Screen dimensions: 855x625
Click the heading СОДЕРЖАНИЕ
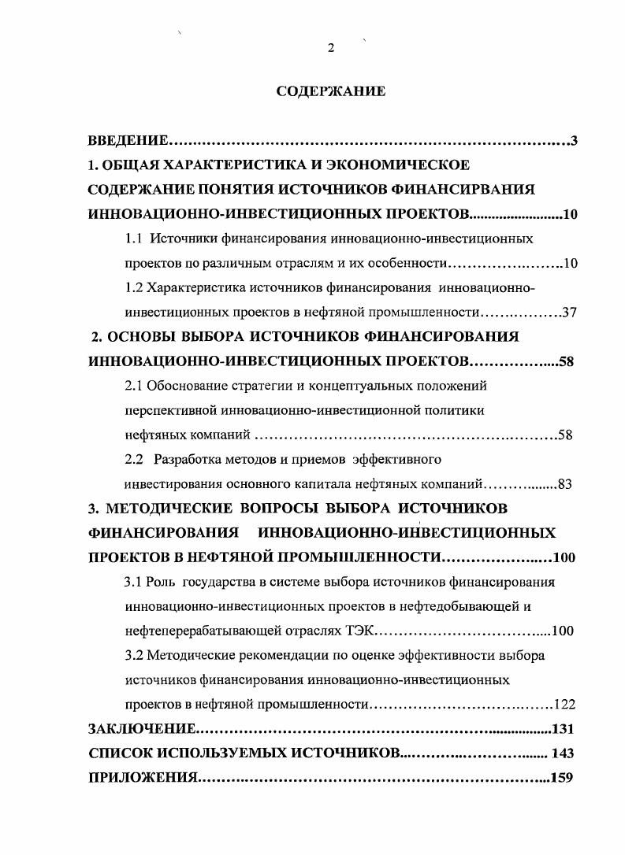(x=331, y=91)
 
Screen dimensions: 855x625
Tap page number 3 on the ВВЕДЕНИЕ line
(x=575, y=141)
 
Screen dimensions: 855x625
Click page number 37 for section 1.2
(x=570, y=312)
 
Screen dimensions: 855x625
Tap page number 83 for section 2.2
(x=564, y=484)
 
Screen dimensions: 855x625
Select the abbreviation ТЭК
(x=363, y=631)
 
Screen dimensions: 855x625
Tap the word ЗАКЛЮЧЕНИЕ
(x=140, y=728)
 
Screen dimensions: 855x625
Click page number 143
(x=564, y=753)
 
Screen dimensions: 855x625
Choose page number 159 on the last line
(x=564, y=778)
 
